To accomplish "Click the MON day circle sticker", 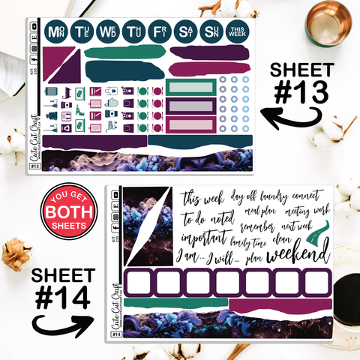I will coord(55,32).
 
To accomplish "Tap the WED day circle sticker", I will coord(108,32).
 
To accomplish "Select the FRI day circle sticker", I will coord(159,32).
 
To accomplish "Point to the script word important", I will coord(205,238).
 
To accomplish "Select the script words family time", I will coord(252,242).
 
